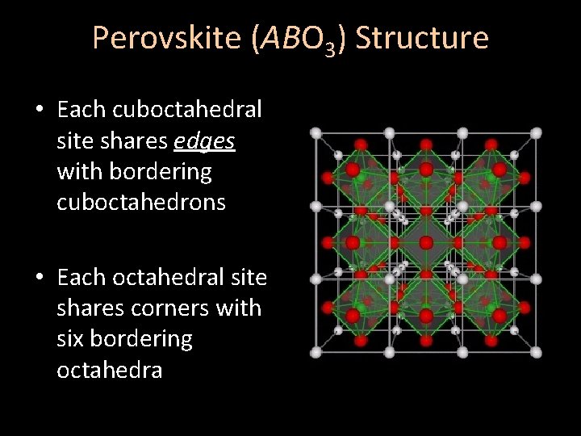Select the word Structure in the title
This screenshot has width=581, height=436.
click(422, 38)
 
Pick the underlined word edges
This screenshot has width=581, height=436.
click(204, 140)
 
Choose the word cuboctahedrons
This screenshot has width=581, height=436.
click(141, 202)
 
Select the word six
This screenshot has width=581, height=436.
click(70, 338)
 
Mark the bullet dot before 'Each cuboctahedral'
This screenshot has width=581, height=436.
click(39, 110)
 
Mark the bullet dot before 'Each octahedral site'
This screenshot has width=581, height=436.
click(39, 278)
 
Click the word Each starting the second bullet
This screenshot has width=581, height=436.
click(81, 277)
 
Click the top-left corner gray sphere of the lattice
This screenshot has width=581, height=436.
click(316, 133)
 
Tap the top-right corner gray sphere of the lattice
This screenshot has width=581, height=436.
click(536, 133)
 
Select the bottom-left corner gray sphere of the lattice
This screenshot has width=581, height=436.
click(316, 352)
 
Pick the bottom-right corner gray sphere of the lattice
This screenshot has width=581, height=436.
click(536, 352)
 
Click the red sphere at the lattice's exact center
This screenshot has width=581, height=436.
click(426, 242)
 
